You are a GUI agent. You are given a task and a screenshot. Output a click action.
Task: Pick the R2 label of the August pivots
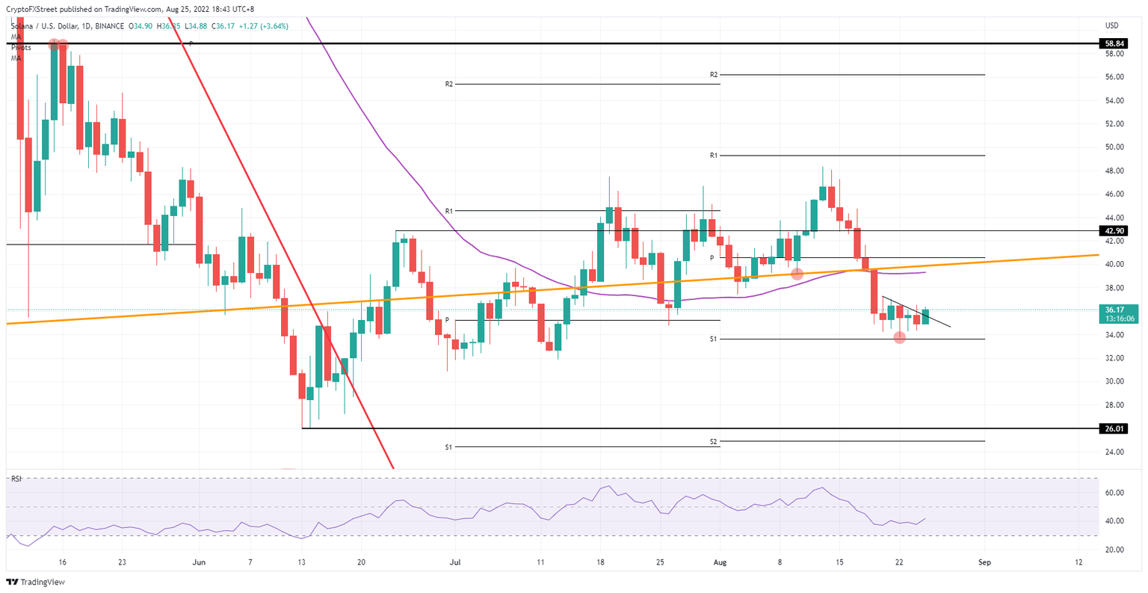pos(714,75)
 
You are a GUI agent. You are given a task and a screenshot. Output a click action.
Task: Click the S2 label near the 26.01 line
pos(714,442)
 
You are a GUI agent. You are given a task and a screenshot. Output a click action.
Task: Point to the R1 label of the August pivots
pos(714,156)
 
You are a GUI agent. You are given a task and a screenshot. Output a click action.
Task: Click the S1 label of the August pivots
pos(714,339)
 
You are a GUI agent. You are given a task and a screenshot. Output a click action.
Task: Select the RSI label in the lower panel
pos(16,479)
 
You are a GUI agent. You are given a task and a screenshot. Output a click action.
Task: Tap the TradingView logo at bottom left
pos(36,583)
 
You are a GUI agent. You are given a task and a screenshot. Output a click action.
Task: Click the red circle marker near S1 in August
pos(900,337)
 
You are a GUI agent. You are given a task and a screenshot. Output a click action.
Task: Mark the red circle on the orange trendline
pos(797,274)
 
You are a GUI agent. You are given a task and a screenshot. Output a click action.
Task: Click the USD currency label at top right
pos(1111,26)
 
